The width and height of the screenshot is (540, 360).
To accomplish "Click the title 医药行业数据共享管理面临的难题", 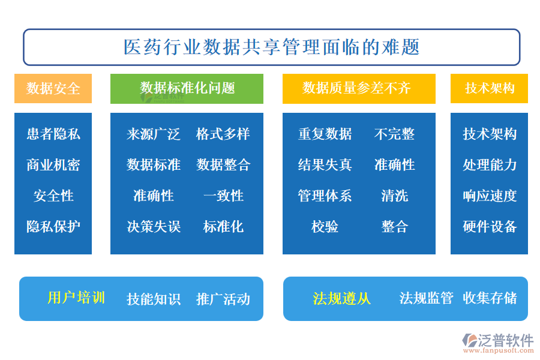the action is (271, 47).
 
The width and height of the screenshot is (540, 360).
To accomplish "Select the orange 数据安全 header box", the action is (53, 89).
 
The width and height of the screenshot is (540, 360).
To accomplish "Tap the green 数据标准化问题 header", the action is (187, 89).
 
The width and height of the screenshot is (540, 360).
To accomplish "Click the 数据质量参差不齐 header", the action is (359, 89).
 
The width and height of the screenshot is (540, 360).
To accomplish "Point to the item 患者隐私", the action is (53, 134).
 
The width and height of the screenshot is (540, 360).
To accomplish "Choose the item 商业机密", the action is (53, 165).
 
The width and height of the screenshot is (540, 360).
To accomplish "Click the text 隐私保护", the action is (53, 227).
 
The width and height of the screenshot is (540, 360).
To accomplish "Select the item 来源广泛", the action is (153, 134).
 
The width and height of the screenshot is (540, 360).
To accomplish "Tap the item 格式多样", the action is (223, 134).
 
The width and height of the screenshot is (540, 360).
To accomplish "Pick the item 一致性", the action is (223, 196).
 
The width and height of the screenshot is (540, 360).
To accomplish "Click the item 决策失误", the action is (153, 227).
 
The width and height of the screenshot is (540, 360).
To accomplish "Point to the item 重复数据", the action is (325, 134).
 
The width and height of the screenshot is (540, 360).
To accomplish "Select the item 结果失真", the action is (325, 165).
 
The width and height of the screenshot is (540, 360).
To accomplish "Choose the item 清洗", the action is (395, 196).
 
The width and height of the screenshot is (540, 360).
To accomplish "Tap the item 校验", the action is (325, 227).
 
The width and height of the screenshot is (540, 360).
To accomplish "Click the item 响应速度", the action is (490, 196).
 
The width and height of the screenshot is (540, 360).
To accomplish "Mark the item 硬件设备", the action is (490, 227).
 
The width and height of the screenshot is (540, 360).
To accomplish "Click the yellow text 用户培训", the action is (76, 298).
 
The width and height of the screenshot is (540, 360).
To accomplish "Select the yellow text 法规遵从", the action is (341, 298).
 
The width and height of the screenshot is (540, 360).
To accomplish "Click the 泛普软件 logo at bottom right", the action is (498, 343).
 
